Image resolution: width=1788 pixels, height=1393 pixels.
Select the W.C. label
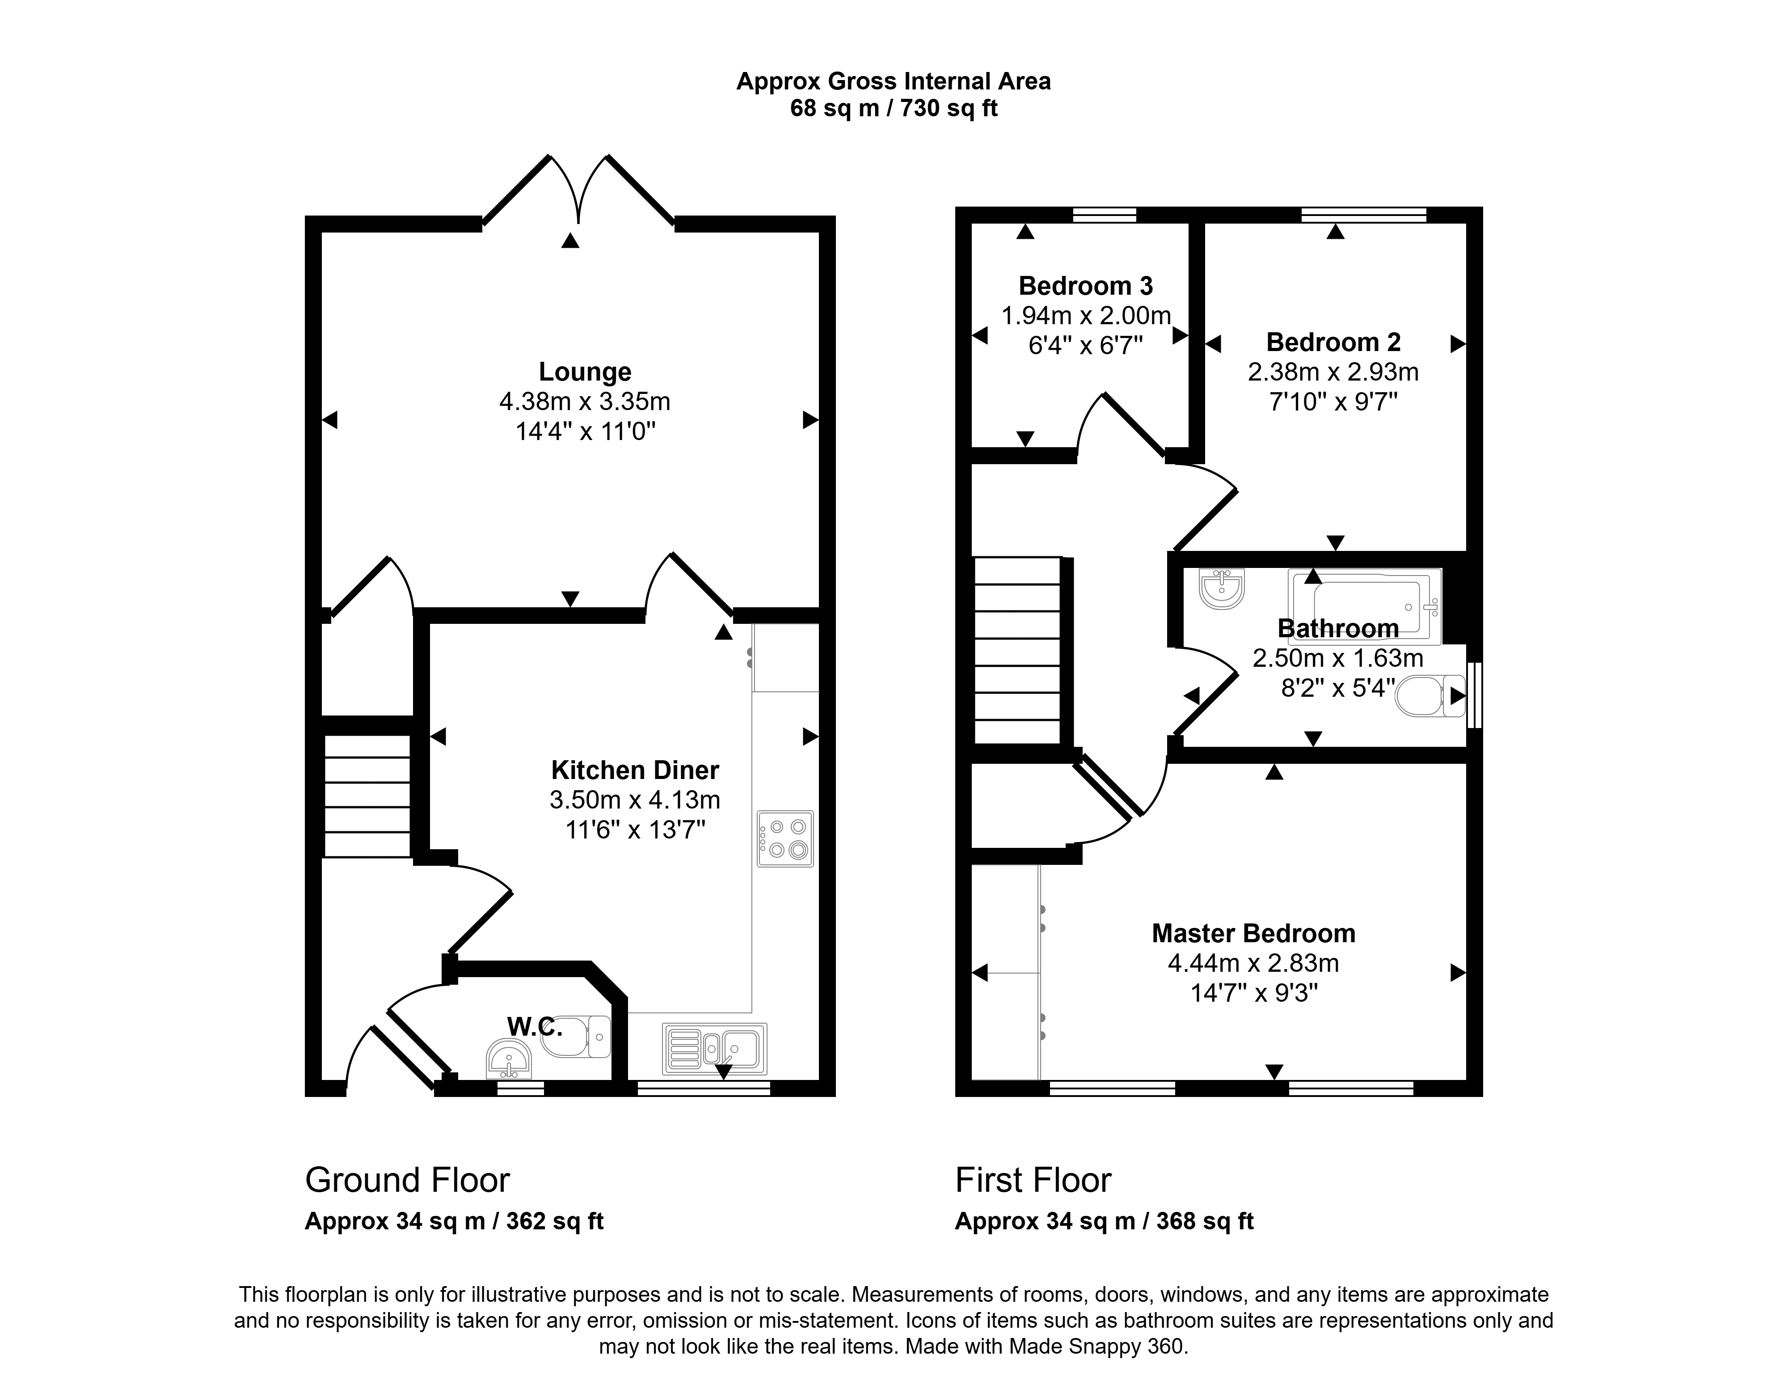535,1026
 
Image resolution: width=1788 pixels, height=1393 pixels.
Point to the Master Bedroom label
1253,934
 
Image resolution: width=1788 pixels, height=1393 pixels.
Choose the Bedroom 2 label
1334,342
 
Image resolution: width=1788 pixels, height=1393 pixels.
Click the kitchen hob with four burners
785,838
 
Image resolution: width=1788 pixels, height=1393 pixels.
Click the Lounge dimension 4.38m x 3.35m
585,401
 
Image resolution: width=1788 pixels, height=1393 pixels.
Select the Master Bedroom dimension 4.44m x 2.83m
1253,963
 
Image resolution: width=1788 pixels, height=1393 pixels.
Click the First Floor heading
1033,1180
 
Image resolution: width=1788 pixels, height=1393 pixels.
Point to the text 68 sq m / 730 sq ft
894,108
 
